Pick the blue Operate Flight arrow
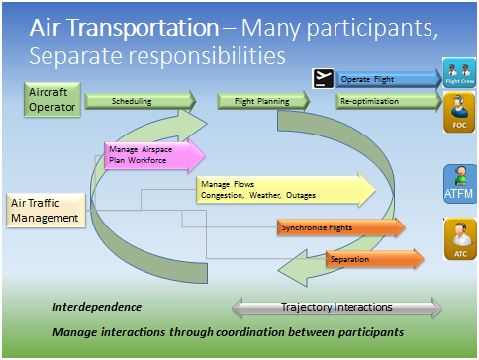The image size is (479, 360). [x=386, y=78]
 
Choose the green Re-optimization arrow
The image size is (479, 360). [x=386, y=101]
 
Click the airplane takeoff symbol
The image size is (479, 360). [x=321, y=77]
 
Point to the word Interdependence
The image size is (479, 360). [x=96, y=307]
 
